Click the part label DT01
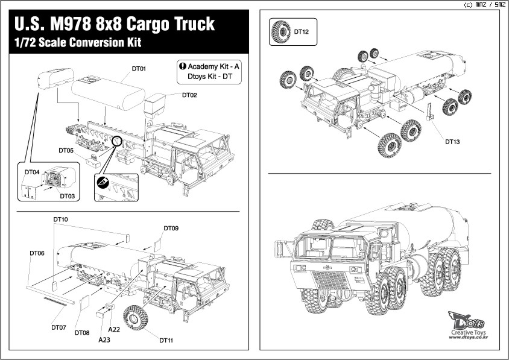139,69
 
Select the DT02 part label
189,95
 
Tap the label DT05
66,150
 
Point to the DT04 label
32,172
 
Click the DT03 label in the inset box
67,196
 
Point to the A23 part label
104,340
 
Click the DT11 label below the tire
166,341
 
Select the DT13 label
452,142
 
